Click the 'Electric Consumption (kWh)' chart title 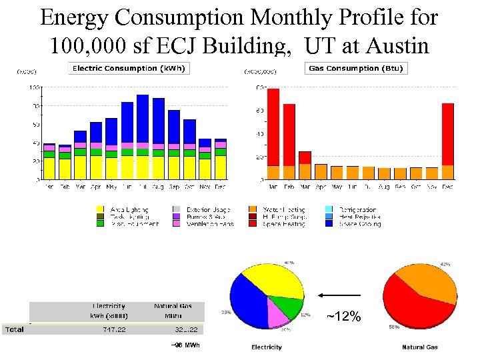pyautogui.click(x=129, y=68)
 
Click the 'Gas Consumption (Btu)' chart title pyautogui.click(x=355, y=68)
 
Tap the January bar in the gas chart pyautogui.click(x=273, y=133)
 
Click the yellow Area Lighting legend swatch pyautogui.click(x=100, y=209)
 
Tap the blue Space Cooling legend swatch pyautogui.click(x=330, y=224)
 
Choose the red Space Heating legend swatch pyautogui.click(x=253, y=224)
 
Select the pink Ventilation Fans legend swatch pyautogui.click(x=176, y=224)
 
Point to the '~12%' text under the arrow pyautogui.click(x=343, y=317)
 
